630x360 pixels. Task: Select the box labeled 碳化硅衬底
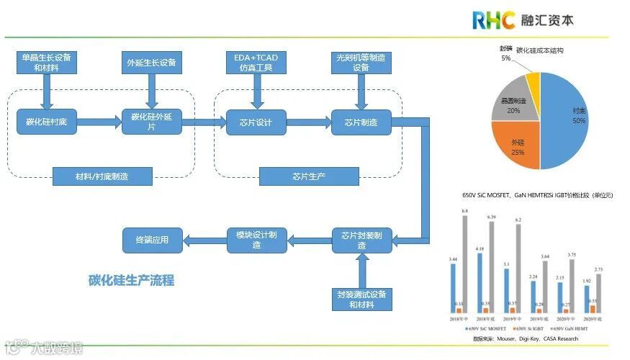46,122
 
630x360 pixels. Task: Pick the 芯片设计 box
256,122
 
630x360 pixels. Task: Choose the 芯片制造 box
361,122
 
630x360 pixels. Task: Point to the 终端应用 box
153,240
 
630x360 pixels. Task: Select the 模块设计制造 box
257,240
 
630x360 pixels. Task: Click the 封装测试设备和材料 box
361,299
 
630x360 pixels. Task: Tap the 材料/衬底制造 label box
102,176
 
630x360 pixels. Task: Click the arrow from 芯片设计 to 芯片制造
308,122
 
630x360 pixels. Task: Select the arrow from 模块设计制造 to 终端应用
204,240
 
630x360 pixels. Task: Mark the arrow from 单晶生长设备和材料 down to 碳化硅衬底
46,90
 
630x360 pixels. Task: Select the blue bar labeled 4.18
479,282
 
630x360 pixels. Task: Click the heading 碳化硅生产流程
131,280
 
